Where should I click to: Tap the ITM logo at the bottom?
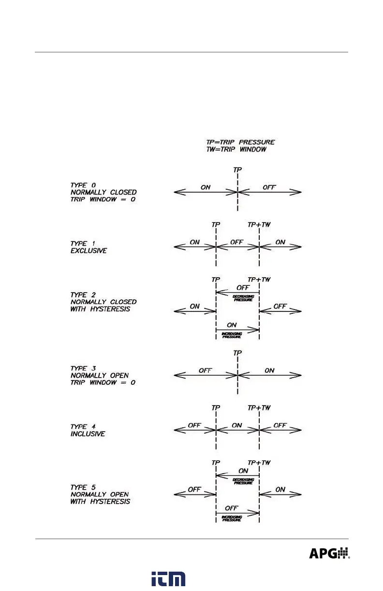168,579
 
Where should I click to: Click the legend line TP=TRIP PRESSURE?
237,142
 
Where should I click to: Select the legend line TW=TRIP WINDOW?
234,150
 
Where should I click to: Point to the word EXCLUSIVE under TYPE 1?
88,251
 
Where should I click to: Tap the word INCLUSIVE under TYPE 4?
88,434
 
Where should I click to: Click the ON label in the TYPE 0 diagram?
206,187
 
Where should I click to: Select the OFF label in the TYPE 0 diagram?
269,187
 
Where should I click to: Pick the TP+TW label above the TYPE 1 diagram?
259,225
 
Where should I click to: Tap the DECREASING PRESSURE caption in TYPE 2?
243,298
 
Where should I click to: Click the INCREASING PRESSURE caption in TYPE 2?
232,335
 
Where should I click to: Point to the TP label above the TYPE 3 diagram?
237,353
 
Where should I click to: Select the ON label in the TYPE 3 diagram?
269,370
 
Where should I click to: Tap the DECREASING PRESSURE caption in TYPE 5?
243,481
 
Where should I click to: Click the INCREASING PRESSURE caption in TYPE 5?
232,518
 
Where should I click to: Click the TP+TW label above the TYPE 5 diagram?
259,463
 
